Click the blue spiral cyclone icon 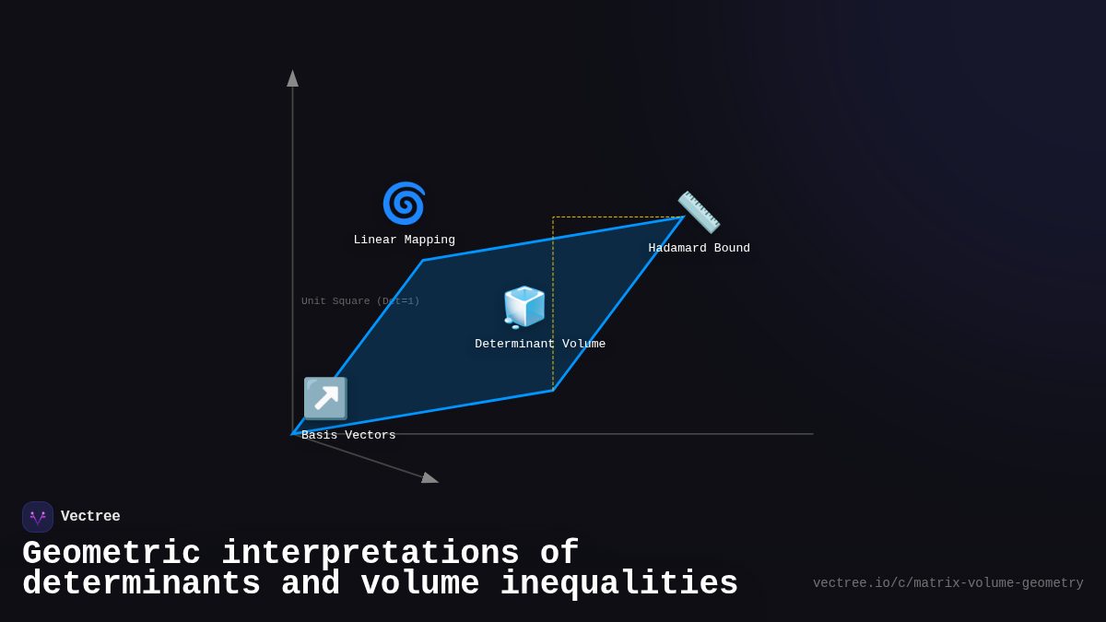point(404,204)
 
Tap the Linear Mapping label point(404,241)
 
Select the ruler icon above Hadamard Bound point(699,212)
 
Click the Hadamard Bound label point(699,249)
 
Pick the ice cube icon point(524,307)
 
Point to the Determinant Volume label point(540,345)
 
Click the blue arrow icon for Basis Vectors point(325,398)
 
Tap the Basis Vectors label point(348,436)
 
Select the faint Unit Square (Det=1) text point(360,301)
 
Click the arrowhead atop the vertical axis point(292,78)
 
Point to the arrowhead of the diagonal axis point(429,477)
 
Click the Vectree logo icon point(38,517)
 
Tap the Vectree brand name point(90,517)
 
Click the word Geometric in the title point(112,554)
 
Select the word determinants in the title point(141,584)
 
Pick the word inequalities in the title point(618,584)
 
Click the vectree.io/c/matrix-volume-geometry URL point(947,583)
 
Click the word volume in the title point(419,584)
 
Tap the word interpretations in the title point(370,554)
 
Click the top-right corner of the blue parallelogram point(682,217)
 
